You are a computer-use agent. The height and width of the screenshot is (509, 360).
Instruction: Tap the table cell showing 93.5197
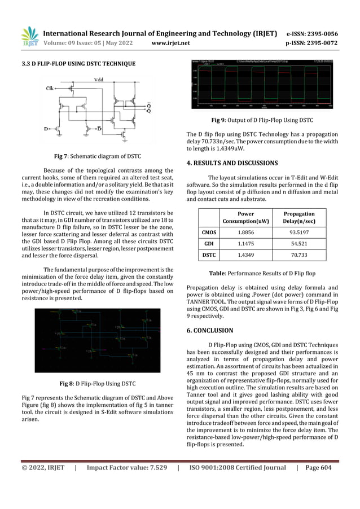point(298,231)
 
